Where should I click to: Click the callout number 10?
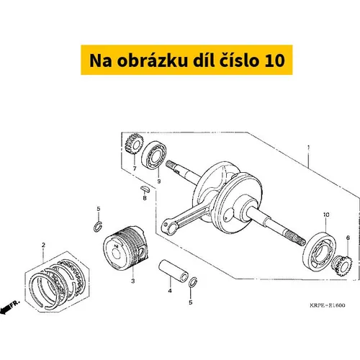tap(326, 215)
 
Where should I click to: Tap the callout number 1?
tap(309, 147)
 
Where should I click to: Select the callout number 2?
tap(43, 245)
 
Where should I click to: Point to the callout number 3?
tap(133, 281)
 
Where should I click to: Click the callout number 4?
tap(170, 291)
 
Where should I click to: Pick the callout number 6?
tap(348, 238)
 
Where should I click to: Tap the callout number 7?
tap(135, 168)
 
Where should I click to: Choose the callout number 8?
tap(145, 198)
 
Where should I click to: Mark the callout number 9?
tap(159, 181)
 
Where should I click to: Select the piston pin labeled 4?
tap(174, 271)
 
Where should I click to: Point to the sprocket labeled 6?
tap(342, 266)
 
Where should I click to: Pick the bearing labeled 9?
tap(154, 155)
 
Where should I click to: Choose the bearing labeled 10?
tap(320, 252)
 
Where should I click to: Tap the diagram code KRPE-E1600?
tap(328, 305)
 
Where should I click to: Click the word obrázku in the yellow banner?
tap(153, 60)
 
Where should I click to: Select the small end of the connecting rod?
tap(168, 227)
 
